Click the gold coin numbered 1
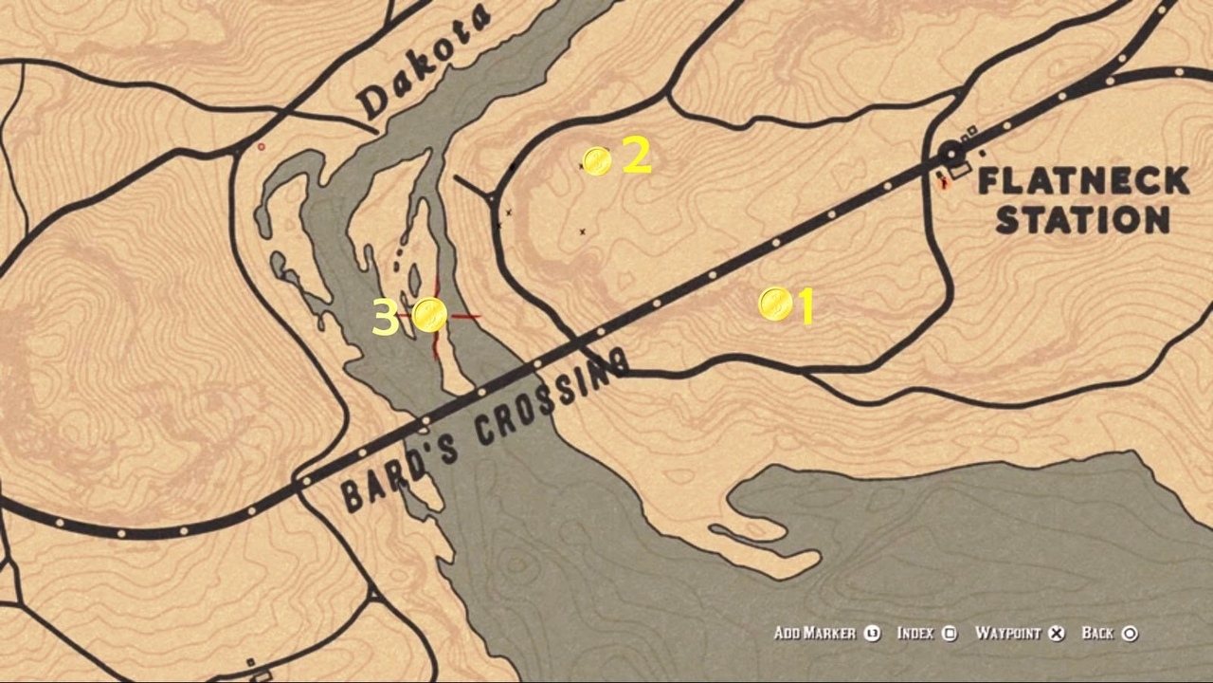point(775,305)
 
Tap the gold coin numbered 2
point(597,162)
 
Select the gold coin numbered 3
point(429,314)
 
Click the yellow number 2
point(637,157)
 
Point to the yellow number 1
point(806,307)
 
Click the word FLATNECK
point(1082,180)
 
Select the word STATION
point(1082,221)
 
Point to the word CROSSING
point(551,397)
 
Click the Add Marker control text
point(814,634)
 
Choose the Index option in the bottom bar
point(914,634)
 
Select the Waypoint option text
point(1007,634)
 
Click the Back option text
point(1097,634)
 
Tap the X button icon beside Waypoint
point(1058,634)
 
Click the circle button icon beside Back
point(1130,634)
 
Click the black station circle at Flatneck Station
point(950,153)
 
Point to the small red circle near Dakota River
point(262,147)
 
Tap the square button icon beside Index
point(950,634)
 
